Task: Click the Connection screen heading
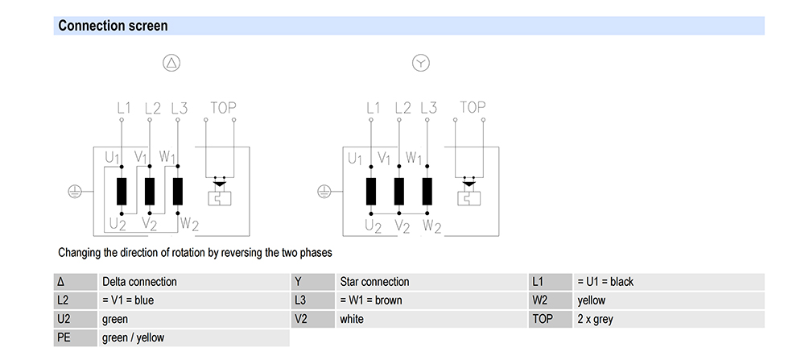113,26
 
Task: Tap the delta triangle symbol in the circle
171,63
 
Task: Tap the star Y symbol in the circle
420,63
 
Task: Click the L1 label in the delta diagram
123,107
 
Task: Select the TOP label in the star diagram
473,107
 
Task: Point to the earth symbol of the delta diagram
73,192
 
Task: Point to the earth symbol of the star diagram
323,192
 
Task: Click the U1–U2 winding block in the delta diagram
122,192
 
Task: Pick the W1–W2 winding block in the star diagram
428,192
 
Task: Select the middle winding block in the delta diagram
150,192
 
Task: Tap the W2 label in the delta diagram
188,222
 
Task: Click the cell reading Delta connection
139,282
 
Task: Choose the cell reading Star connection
374,282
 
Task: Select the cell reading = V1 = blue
128,300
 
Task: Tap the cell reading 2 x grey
595,319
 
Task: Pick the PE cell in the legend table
64,337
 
